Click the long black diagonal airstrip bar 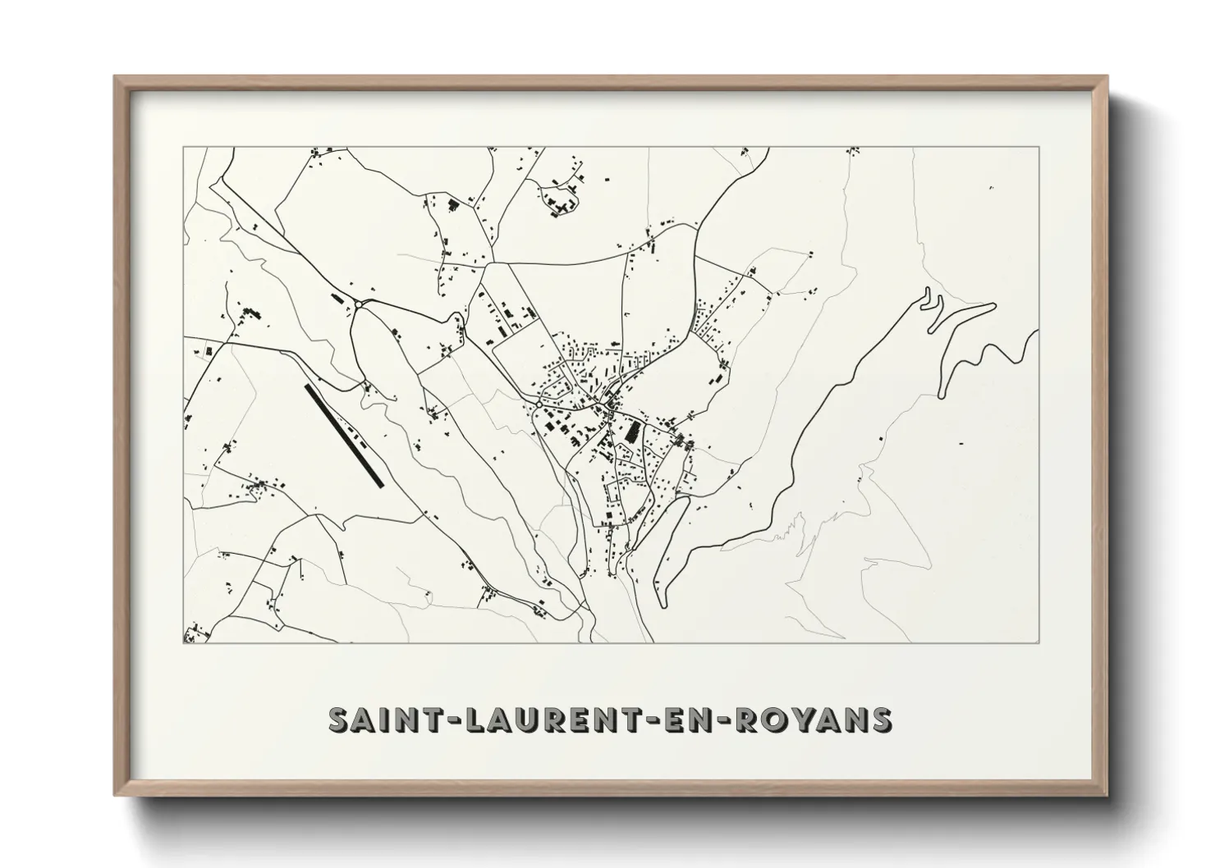point(344,436)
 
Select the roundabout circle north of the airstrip point(360,304)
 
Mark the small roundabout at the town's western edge point(538,404)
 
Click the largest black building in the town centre point(633,432)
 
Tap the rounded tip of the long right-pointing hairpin point(993,306)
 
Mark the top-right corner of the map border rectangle point(1039,147)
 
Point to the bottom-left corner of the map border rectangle point(183,643)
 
